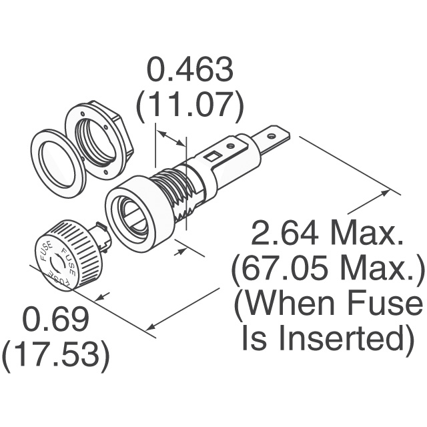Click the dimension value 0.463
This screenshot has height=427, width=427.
click(x=190, y=69)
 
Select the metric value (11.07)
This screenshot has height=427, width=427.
click(x=190, y=105)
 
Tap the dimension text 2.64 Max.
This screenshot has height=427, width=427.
click(x=327, y=233)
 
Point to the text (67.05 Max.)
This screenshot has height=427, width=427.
click(x=328, y=270)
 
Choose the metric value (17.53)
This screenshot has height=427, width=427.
click(x=57, y=356)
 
